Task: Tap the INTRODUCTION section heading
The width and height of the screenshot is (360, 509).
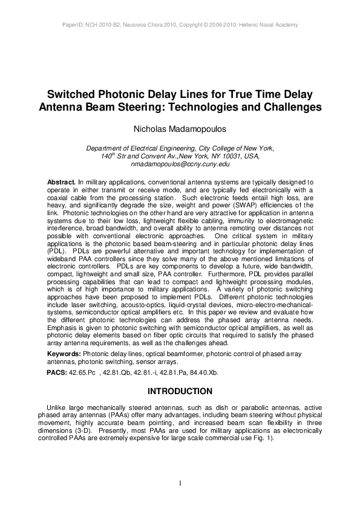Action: click(180, 391)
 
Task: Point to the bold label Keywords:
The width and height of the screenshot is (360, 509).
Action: click(64, 353)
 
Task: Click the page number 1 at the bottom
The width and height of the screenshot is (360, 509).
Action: click(180, 482)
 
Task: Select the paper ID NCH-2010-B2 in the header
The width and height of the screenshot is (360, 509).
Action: click(99, 25)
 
